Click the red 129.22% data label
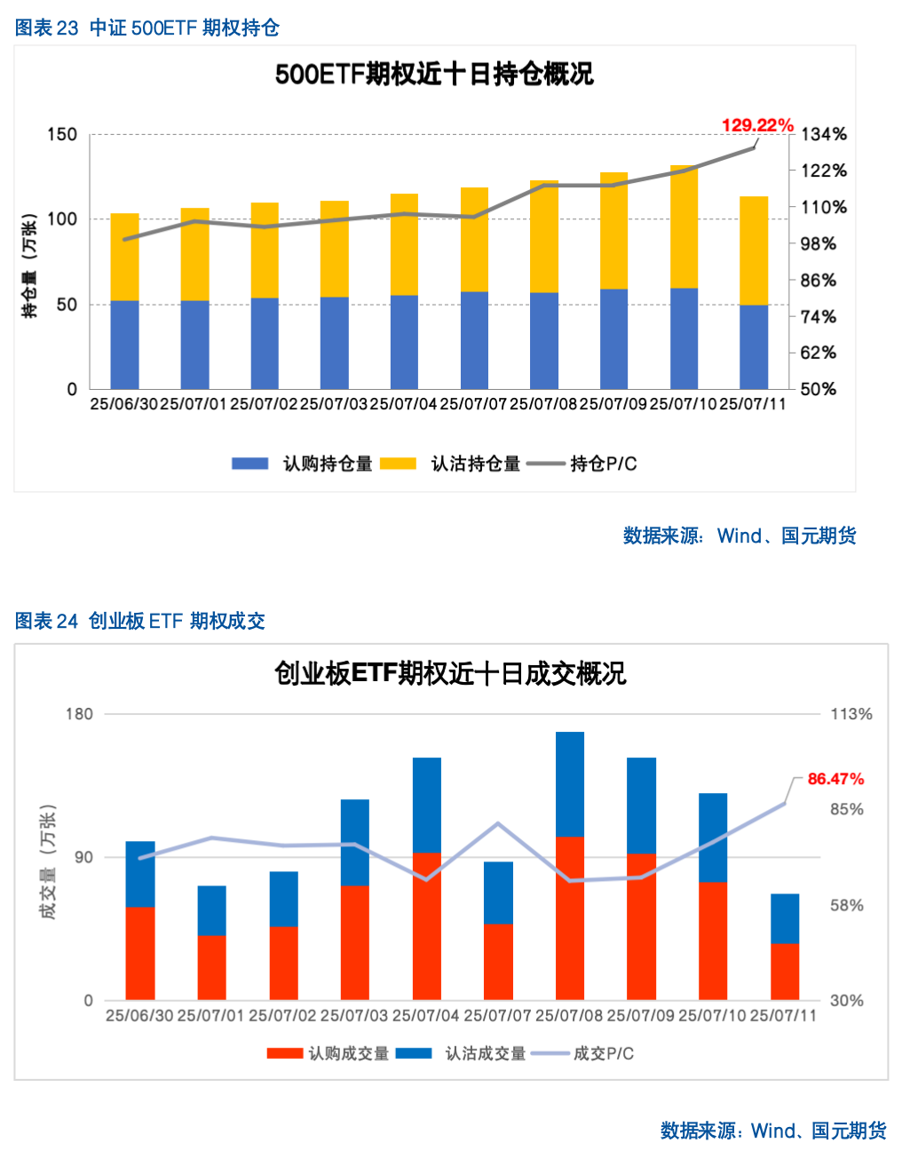tap(757, 125)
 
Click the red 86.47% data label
tap(835, 779)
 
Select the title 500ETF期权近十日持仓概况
tap(434, 74)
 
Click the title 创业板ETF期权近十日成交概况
tap(450, 673)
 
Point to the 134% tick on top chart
tap(824, 134)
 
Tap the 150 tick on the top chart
tap(62, 134)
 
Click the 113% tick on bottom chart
tap(851, 714)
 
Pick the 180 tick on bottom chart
tap(79, 714)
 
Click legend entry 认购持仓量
tap(303, 464)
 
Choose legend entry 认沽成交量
tap(462, 1053)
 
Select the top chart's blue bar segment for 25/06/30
tap(124, 345)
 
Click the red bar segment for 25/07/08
tap(570, 918)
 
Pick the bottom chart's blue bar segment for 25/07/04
tap(427, 805)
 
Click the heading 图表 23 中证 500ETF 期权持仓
tap(147, 28)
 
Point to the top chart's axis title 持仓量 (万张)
tap(30, 266)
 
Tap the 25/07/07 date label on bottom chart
tap(497, 1015)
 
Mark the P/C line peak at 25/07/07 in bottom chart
tap(498, 823)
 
